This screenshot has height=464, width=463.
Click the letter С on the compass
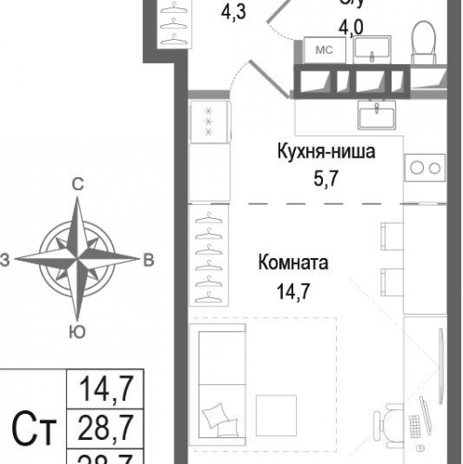point(79,186)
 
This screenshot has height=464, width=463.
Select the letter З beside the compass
point(6,261)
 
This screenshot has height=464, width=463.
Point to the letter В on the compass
point(148,260)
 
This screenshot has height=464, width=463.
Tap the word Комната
point(293,264)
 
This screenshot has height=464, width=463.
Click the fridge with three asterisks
point(209,121)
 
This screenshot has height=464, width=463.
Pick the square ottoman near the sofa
point(277,413)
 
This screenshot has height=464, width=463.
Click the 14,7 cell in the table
point(104,385)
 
